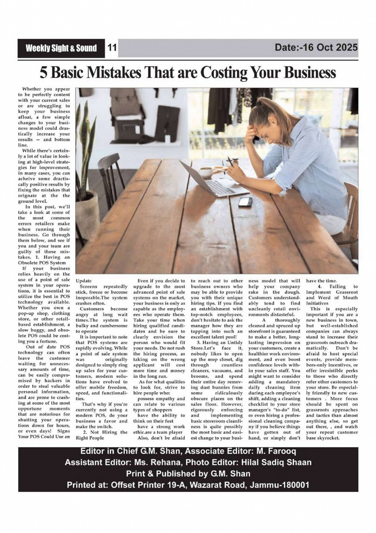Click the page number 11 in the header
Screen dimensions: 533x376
(112, 48)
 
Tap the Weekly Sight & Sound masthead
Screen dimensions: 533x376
(61, 49)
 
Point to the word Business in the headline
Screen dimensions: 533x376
(310, 73)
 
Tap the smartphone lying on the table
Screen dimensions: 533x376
(245, 202)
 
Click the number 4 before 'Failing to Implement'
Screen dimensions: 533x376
(320, 286)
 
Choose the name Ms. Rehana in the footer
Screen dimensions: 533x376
(154, 462)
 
